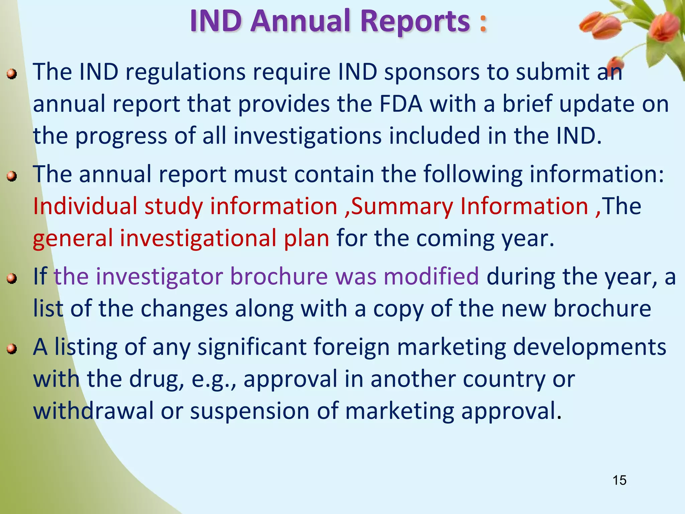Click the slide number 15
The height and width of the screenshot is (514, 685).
(x=619, y=480)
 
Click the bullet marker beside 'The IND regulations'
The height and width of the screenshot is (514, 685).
(x=12, y=74)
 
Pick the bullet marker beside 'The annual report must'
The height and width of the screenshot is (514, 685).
(x=12, y=176)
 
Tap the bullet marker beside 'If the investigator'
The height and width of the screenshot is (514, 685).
(x=12, y=278)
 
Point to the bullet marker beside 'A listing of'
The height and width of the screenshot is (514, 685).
(x=12, y=349)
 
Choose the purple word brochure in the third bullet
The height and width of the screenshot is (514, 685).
(x=279, y=277)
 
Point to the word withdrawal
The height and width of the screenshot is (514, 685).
(x=93, y=411)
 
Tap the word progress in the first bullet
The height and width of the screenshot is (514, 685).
(x=121, y=137)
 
